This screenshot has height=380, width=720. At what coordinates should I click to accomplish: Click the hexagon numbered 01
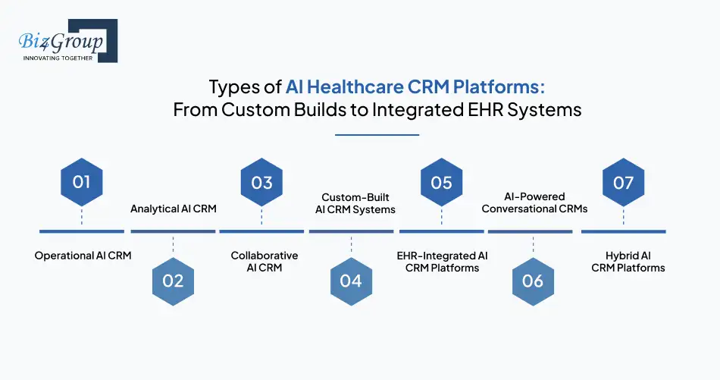(x=81, y=182)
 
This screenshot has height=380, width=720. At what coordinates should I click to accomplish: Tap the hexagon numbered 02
(x=173, y=281)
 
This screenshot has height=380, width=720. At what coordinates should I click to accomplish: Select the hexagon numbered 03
(x=261, y=182)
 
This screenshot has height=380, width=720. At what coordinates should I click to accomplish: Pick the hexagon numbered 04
(x=351, y=281)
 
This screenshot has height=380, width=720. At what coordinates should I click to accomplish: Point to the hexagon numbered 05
(x=441, y=182)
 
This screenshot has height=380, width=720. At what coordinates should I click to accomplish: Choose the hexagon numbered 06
(x=533, y=281)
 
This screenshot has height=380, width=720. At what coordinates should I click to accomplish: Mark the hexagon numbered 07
(x=623, y=182)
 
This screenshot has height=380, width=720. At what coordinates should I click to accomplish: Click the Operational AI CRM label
(x=83, y=256)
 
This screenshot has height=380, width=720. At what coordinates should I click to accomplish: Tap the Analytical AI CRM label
(x=173, y=208)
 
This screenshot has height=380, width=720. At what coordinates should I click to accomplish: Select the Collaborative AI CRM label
(x=265, y=262)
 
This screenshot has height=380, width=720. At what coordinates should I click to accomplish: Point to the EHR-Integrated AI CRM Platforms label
(x=442, y=262)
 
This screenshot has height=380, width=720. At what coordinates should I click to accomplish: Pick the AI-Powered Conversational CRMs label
(x=534, y=203)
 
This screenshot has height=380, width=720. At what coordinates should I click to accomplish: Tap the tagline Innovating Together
(x=58, y=58)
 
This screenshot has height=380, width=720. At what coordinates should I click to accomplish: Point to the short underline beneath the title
(x=377, y=135)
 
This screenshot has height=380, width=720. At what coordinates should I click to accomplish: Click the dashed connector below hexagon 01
(x=81, y=218)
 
